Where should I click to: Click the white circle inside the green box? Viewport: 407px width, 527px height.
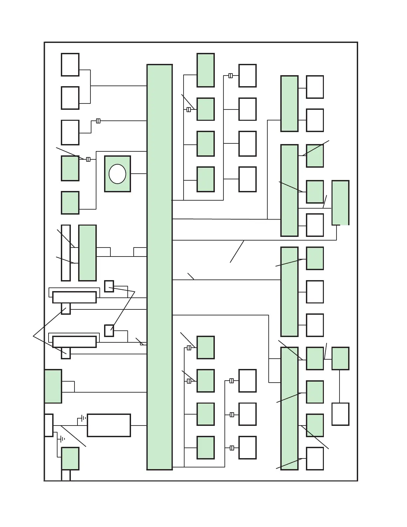pyautogui.click(x=117, y=174)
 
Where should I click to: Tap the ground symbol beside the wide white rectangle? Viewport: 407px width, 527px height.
pyautogui.click(x=83, y=418)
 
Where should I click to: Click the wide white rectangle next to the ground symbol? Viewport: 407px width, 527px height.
pyautogui.click(x=109, y=425)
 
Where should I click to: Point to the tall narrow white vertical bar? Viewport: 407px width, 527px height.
pyautogui.click(x=66, y=253)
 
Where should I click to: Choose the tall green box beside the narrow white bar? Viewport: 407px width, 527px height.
pyautogui.click(x=87, y=253)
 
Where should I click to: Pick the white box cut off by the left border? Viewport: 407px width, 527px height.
pyautogui.click(x=49, y=425)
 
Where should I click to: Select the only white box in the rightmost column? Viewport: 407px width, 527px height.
pyautogui.click(x=340, y=414)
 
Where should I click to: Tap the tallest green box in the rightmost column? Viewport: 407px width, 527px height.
pyautogui.click(x=340, y=203)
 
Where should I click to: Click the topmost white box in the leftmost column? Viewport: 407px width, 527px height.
pyautogui.click(x=70, y=65)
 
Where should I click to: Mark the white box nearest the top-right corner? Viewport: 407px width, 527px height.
pyautogui.click(x=315, y=87)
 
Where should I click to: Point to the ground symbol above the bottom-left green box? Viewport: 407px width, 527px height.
pyautogui.click(x=62, y=439)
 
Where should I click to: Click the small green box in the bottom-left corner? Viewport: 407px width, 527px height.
pyautogui.click(x=70, y=458)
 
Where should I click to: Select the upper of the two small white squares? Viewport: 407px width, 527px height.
pyautogui.click(x=109, y=286)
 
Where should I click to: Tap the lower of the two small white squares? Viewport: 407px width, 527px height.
pyautogui.click(x=109, y=331)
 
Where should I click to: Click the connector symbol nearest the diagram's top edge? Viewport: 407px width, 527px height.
pyautogui.click(x=230, y=76)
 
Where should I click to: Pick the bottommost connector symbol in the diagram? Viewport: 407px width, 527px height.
pyautogui.click(x=232, y=448)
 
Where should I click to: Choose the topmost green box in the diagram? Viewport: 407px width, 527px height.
pyautogui.click(x=205, y=70)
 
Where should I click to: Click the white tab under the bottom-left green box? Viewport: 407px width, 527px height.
pyautogui.click(x=66, y=475)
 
